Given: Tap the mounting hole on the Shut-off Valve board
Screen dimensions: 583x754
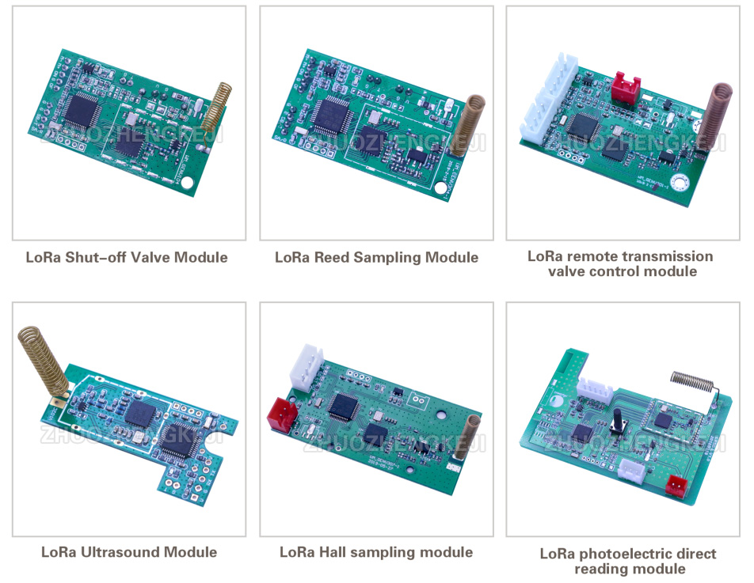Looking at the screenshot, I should pos(187,183).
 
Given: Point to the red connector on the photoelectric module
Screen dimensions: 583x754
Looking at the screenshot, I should pos(676,485).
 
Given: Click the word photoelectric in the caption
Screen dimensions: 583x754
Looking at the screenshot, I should pos(623,554).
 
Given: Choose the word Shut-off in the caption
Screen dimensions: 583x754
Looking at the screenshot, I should pos(109,257).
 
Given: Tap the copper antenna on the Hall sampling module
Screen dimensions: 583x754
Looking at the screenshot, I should pos(472,435).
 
